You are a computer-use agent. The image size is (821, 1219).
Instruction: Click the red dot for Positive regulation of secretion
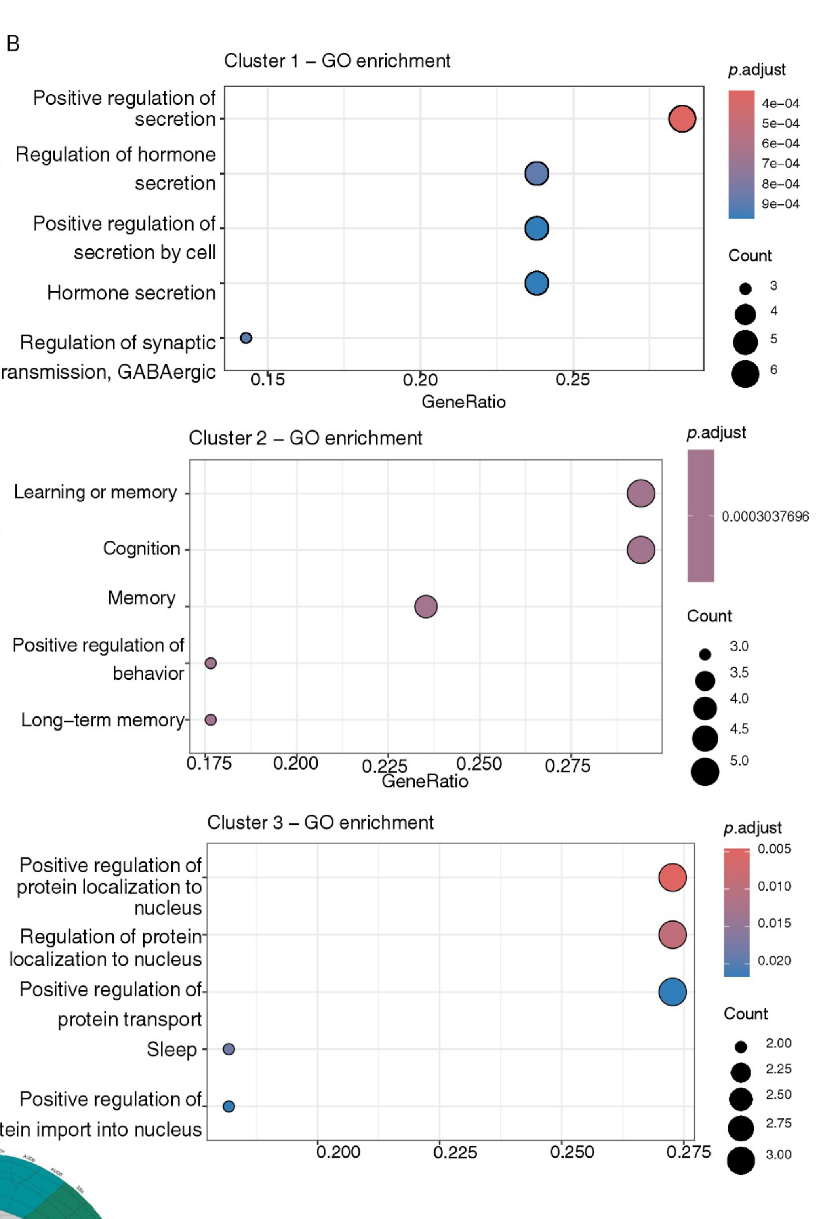[682, 118]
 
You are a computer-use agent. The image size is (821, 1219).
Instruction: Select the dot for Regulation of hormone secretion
[536, 173]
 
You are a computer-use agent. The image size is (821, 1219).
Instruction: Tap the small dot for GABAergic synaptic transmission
[246, 338]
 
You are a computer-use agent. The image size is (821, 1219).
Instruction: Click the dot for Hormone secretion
[536, 283]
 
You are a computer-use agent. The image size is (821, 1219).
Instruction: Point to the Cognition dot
[640, 550]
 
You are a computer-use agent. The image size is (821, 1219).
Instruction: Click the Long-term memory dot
[211, 720]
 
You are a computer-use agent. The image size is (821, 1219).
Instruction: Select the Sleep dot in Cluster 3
[228, 1049]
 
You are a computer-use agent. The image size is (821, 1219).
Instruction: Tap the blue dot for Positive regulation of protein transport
[672, 992]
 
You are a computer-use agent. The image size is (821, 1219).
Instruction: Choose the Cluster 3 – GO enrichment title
[320, 823]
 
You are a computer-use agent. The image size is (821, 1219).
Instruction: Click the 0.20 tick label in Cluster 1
[420, 380]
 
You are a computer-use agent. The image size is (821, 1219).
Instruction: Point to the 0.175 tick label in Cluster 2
[209, 764]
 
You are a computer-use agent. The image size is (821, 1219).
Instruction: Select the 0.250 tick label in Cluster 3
[572, 1152]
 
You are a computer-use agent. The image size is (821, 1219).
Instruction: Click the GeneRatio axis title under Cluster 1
[463, 402]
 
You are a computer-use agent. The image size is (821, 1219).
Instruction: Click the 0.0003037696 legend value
[765, 516]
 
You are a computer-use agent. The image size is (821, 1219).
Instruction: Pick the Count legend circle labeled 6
[745, 374]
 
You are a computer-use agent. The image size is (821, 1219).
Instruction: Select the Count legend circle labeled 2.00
[740, 1047]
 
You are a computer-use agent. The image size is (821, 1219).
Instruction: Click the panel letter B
[13, 44]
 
